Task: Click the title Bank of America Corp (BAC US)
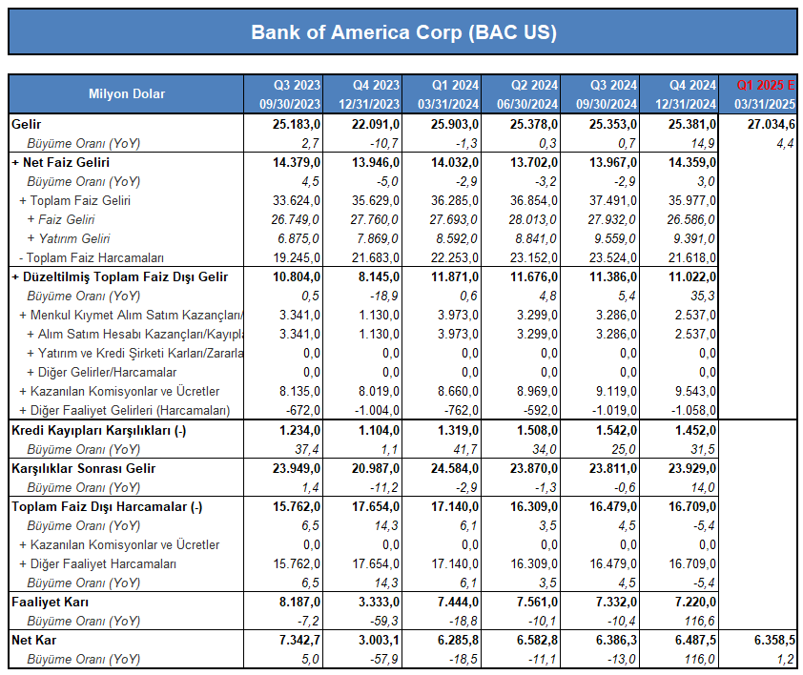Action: [403, 32]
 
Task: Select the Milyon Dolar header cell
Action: [127, 93]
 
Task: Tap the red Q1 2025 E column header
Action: [766, 85]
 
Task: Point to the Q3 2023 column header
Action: [297, 85]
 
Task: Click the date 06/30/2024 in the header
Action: [527, 105]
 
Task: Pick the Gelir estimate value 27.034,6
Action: [772, 124]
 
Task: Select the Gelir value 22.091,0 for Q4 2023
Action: [376, 124]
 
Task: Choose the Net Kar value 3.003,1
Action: [379, 640]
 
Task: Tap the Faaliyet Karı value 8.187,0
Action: [299, 602]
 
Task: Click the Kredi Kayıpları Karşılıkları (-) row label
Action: [98, 430]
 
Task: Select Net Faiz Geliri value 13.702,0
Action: [534, 162]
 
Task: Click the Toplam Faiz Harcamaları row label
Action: [92, 257]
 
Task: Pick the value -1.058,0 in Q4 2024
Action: [693, 410]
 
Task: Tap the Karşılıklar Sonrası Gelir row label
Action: [84, 469]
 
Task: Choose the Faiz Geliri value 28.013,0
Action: [532, 219]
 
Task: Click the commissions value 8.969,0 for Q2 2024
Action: [537, 391]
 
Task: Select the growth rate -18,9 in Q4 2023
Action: [384, 296]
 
